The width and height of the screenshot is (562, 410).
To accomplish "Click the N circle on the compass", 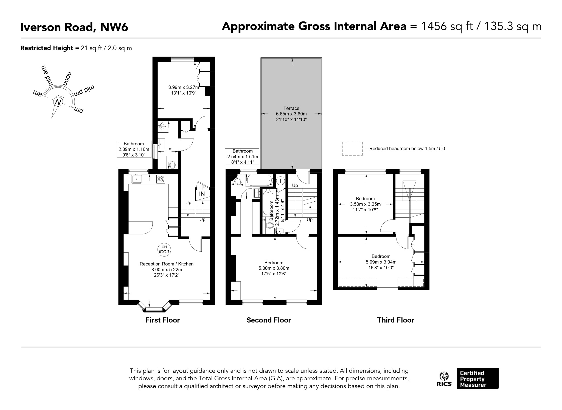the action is coord(58,102).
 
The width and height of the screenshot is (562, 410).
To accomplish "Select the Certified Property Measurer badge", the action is coord(478,379).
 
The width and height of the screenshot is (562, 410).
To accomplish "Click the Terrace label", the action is coord(291,108).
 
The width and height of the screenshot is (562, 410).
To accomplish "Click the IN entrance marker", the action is coord(202,194).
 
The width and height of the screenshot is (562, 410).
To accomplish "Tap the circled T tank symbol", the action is coord(280,181).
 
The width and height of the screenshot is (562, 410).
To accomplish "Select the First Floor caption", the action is coord(162,320).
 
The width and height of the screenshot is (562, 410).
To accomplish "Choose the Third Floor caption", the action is coord(395,320).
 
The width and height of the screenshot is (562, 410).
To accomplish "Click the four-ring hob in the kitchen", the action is coord(161,179).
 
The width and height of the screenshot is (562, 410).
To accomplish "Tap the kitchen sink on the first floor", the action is coord(137,179).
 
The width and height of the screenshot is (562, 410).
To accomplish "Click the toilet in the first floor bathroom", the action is coord(172,165).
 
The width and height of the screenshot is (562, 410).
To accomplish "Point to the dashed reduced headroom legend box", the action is coord(352,149).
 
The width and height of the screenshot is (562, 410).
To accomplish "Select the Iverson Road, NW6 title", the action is coord(74,27).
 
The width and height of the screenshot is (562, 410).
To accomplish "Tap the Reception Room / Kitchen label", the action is coord(167,264).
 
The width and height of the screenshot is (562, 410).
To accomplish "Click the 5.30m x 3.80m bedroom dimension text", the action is coord(274,268).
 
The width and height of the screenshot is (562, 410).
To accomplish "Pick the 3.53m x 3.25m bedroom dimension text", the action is coord(365,204).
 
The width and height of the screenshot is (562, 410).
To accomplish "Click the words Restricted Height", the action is coord(47,48).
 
